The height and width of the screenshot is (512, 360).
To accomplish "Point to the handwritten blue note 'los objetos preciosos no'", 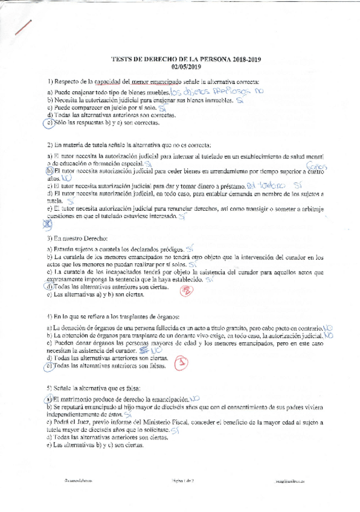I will coord(217,92).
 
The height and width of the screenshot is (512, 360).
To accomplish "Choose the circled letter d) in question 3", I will coord(50,287).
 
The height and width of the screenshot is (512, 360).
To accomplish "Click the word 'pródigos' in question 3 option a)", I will coord(171,249).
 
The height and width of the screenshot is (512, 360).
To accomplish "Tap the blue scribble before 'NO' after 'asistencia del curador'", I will coord(143,350).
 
